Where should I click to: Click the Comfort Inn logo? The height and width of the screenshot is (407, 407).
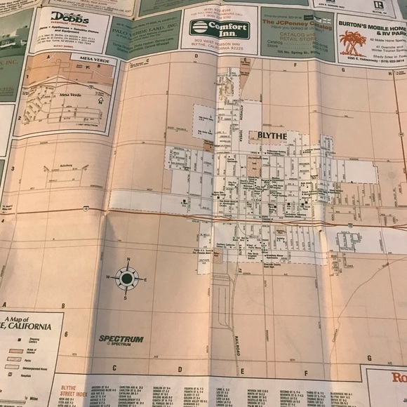220,29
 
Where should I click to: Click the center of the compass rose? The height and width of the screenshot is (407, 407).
126,279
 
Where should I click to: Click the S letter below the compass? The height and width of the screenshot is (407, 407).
125,298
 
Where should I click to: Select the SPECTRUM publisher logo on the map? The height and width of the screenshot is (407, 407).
121,339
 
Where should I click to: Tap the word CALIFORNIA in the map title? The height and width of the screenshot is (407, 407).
29,326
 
